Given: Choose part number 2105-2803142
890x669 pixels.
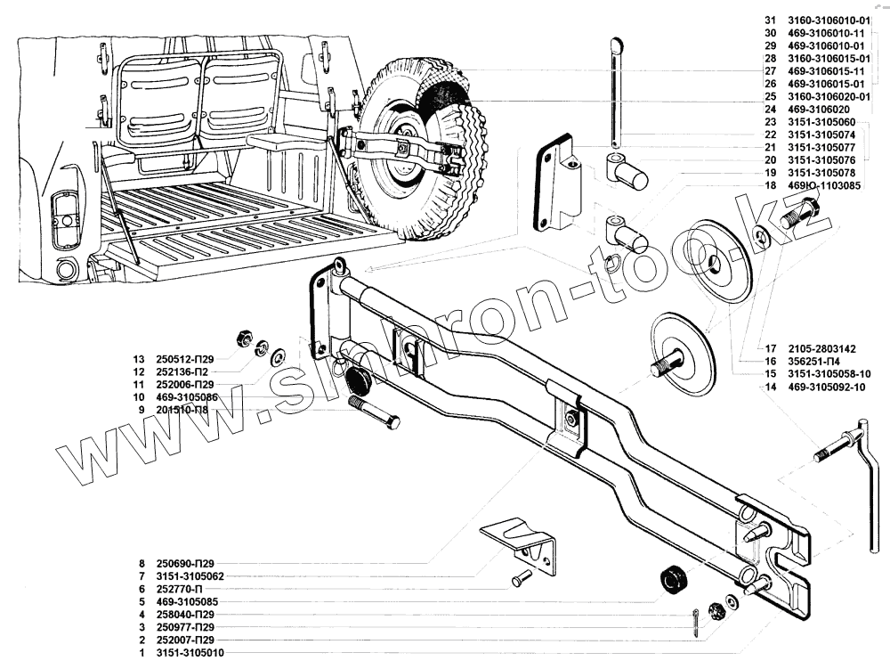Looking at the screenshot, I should (x=822, y=348).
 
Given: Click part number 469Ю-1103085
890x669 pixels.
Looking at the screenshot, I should (x=823, y=185).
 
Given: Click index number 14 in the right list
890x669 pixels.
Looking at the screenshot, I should (x=768, y=388).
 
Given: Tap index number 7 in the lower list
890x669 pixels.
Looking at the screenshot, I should (x=141, y=576).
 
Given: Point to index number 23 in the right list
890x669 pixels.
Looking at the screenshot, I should (x=770, y=122).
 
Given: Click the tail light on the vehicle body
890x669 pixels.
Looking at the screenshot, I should (x=64, y=219).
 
